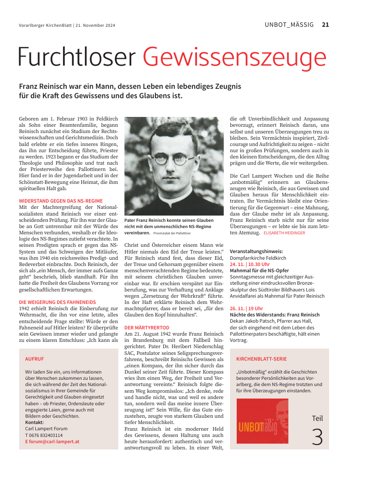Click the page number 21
click(325, 25)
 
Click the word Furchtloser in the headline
click(77, 57)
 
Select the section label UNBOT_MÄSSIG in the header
click(289, 25)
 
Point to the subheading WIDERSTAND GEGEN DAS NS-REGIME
click(61, 201)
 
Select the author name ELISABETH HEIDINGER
click(284, 233)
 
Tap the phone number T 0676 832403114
click(44, 435)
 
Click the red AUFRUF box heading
click(34, 358)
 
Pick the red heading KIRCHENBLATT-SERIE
click(261, 358)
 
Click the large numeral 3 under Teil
click(317, 437)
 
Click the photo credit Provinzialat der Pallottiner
click(172, 233)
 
